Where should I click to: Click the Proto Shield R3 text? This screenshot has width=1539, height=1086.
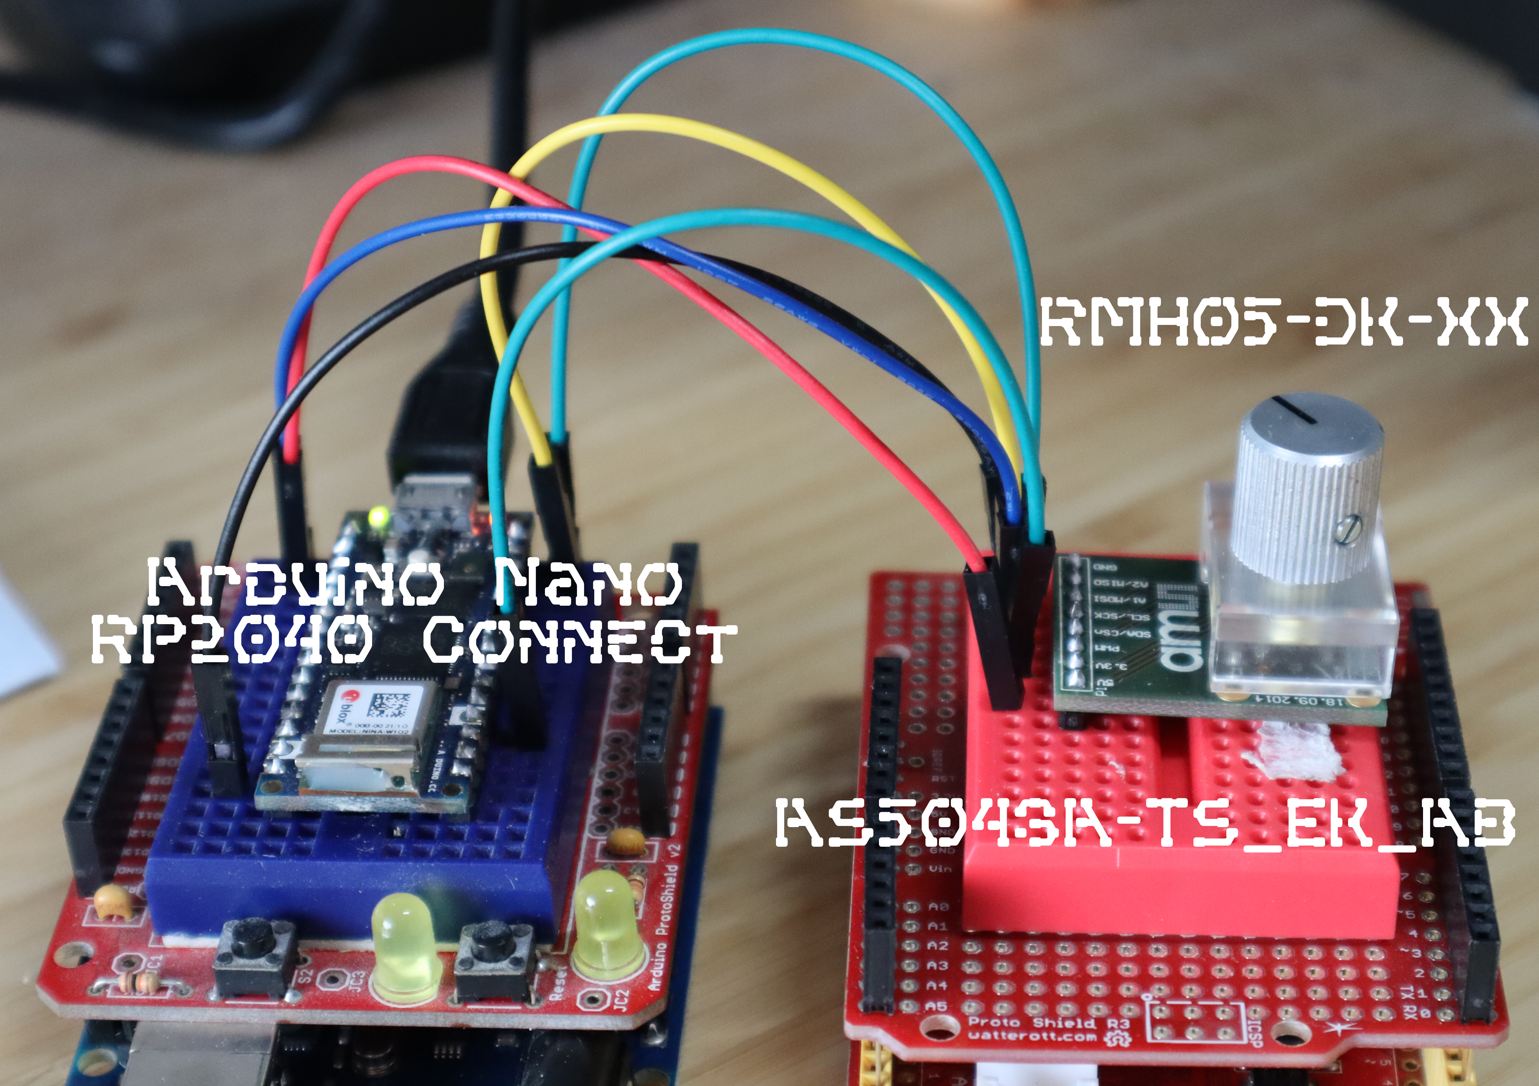click(x=1049, y=1023)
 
